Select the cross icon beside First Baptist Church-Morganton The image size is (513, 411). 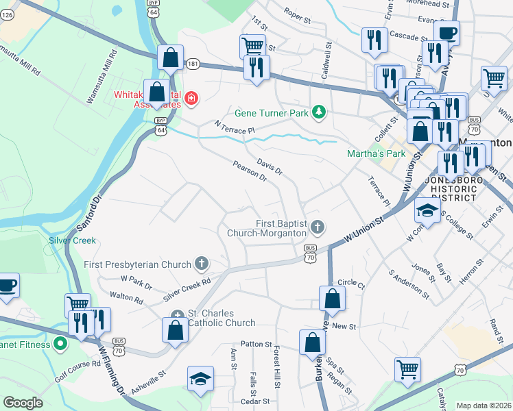click(x=317, y=226)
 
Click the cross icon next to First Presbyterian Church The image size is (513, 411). click(x=201, y=263)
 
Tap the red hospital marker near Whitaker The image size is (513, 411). click(x=190, y=99)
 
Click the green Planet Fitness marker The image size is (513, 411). click(x=60, y=344)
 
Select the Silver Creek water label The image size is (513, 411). click(x=72, y=241)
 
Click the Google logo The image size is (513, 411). click(x=23, y=402)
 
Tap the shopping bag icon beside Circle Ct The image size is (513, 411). click(x=332, y=298)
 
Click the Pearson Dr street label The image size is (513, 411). click(x=249, y=171)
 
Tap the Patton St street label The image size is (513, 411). click(x=256, y=344)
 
